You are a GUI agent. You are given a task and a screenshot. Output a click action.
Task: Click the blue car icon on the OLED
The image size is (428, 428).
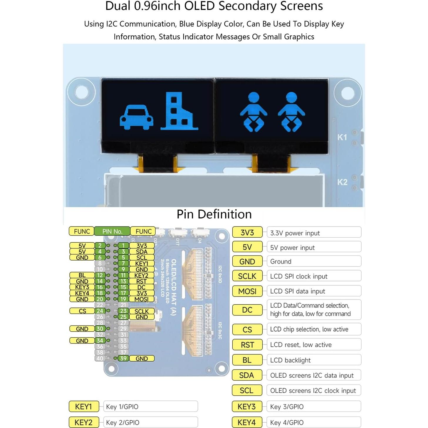pos(136,117)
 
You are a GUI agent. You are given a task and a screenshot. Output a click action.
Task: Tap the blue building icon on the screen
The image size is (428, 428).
pos(179,112)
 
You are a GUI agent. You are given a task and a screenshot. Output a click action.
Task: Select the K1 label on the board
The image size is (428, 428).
pos(342,137)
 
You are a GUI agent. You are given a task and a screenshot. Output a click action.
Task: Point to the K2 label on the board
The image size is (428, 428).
pos(342,182)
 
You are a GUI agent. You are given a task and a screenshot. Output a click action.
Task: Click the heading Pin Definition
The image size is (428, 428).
pos(214,214)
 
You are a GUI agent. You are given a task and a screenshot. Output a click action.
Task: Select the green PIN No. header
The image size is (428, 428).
pos(112,231)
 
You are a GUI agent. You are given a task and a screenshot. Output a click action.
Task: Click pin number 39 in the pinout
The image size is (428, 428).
pos(123,358)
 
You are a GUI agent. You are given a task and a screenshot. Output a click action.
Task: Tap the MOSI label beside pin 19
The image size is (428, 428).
pos(142,299)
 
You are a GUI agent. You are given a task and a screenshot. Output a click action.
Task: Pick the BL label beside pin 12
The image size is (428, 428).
pos(82,275)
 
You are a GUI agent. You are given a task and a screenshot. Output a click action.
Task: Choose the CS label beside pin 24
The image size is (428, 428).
pos(82,311)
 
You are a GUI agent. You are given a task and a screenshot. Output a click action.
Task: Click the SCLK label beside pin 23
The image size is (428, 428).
pos(142,311)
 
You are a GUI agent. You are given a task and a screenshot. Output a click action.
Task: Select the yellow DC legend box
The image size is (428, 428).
pos(247,310)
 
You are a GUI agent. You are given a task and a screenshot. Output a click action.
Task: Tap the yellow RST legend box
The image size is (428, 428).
pos(247,345)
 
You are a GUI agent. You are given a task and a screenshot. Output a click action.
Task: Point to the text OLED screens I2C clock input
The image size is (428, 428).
pos(313,391)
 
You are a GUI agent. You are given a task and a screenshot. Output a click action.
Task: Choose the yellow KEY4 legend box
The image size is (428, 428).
pos(246,422)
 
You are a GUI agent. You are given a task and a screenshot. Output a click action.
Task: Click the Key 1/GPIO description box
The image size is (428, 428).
pos(150,407)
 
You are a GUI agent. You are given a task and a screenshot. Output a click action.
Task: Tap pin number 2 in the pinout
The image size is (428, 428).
pos(100,246)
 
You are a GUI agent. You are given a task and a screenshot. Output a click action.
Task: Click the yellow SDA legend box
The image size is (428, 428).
pos(246,375)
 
